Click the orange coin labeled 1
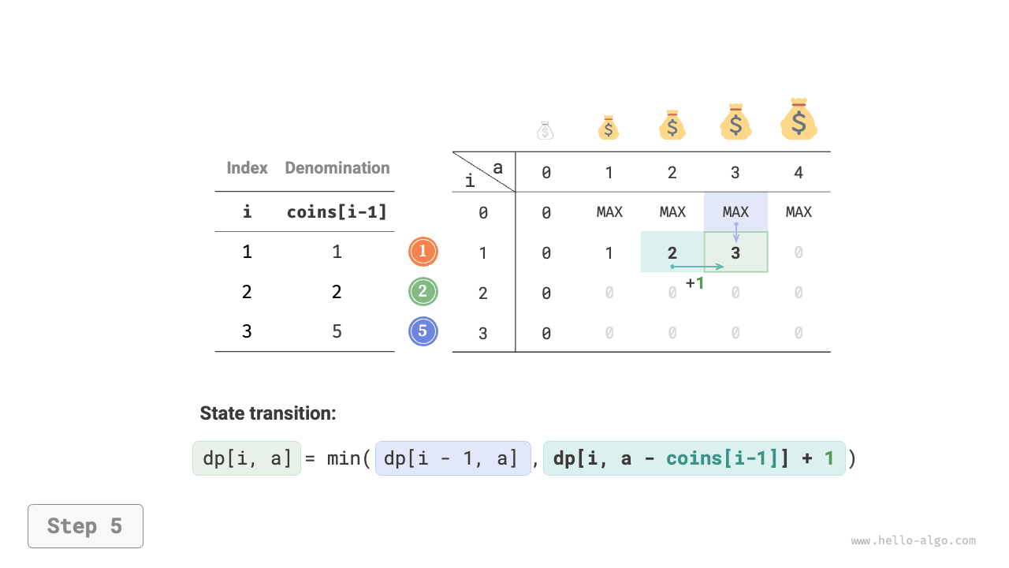point(423,252)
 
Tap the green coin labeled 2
point(423,292)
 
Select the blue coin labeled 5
point(423,331)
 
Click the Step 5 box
point(86,526)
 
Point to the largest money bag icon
point(799,119)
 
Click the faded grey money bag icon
point(545,130)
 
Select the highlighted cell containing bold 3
point(736,252)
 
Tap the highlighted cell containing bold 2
point(672,252)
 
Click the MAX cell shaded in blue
point(736,212)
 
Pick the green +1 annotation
point(694,283)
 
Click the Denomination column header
point(337,168)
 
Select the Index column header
point(247,168)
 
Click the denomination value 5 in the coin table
point(337,332)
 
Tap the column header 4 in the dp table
point(799,173)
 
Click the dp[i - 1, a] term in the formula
point(453,458)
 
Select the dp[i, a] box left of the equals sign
point(247,458)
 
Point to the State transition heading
point(268,413)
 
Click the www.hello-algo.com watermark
point(913,540)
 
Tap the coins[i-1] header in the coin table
point(337,212)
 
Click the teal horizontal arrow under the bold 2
point(698,267)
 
